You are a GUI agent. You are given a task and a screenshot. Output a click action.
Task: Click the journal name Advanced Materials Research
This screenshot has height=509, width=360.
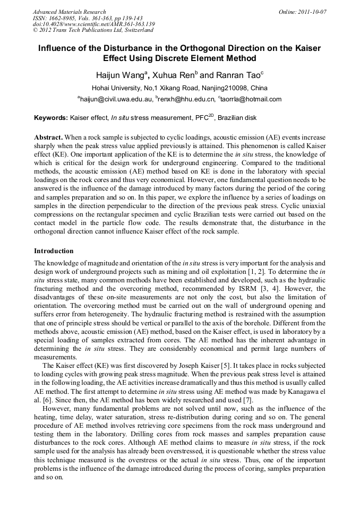(70, 12)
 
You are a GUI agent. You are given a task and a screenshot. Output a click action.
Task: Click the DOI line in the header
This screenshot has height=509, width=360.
(93, 24)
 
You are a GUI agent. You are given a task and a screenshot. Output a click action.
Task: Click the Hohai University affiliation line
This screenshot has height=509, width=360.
(179, 88)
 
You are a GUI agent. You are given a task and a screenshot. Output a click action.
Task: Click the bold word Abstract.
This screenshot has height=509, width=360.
(49, 136)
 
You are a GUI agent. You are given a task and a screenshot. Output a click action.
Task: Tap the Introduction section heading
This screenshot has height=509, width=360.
(54, 251)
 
